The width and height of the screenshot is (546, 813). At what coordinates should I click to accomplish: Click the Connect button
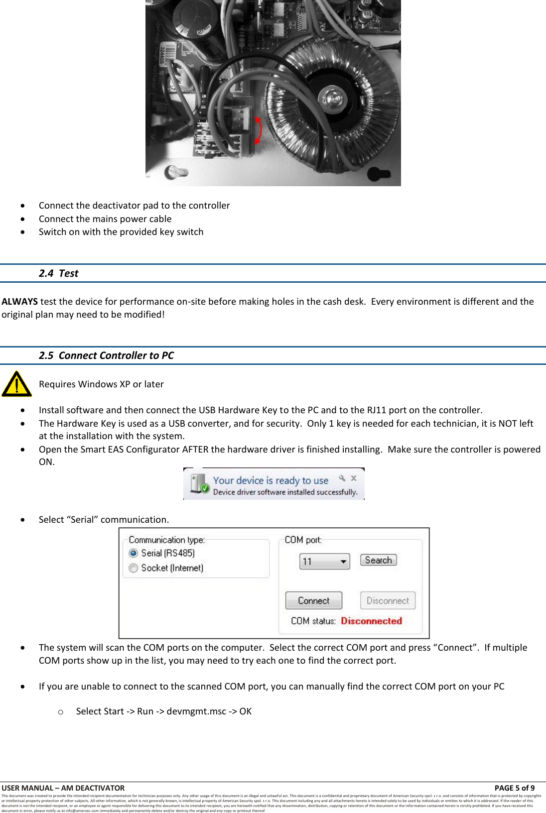tap(313, 600)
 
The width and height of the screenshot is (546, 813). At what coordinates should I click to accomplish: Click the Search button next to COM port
tap(378, 560)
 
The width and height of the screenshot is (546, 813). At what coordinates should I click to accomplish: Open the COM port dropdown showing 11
tap(324, 562)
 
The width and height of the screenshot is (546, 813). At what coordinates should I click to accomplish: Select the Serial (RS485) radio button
tap(134, 553)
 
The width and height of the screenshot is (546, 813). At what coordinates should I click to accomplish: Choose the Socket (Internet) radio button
tap(134, 568)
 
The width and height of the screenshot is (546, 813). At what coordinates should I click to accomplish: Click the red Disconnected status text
tap(371, 621)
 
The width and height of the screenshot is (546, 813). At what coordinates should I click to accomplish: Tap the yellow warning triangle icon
tap(16, 384)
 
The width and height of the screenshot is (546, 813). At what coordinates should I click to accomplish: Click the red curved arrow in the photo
tap(259, 130)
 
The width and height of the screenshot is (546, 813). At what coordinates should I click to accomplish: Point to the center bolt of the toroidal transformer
tap(332, 96)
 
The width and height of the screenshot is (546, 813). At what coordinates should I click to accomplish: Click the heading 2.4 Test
tap(59, 273)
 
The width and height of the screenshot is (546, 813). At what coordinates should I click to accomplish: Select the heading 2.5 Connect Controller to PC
tap(106, 355)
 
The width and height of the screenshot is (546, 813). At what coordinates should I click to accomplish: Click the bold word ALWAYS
tap(19, 302)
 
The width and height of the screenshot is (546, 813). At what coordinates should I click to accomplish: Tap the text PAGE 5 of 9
tap(514, 788)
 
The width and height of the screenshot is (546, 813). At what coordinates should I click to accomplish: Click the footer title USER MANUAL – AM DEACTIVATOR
tap(63, 788)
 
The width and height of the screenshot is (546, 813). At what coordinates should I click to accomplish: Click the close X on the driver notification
tap(354, 478)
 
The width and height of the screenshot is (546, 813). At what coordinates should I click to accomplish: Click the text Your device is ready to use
tap(271, 480)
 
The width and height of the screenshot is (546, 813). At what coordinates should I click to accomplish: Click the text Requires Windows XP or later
tap(101, 384)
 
